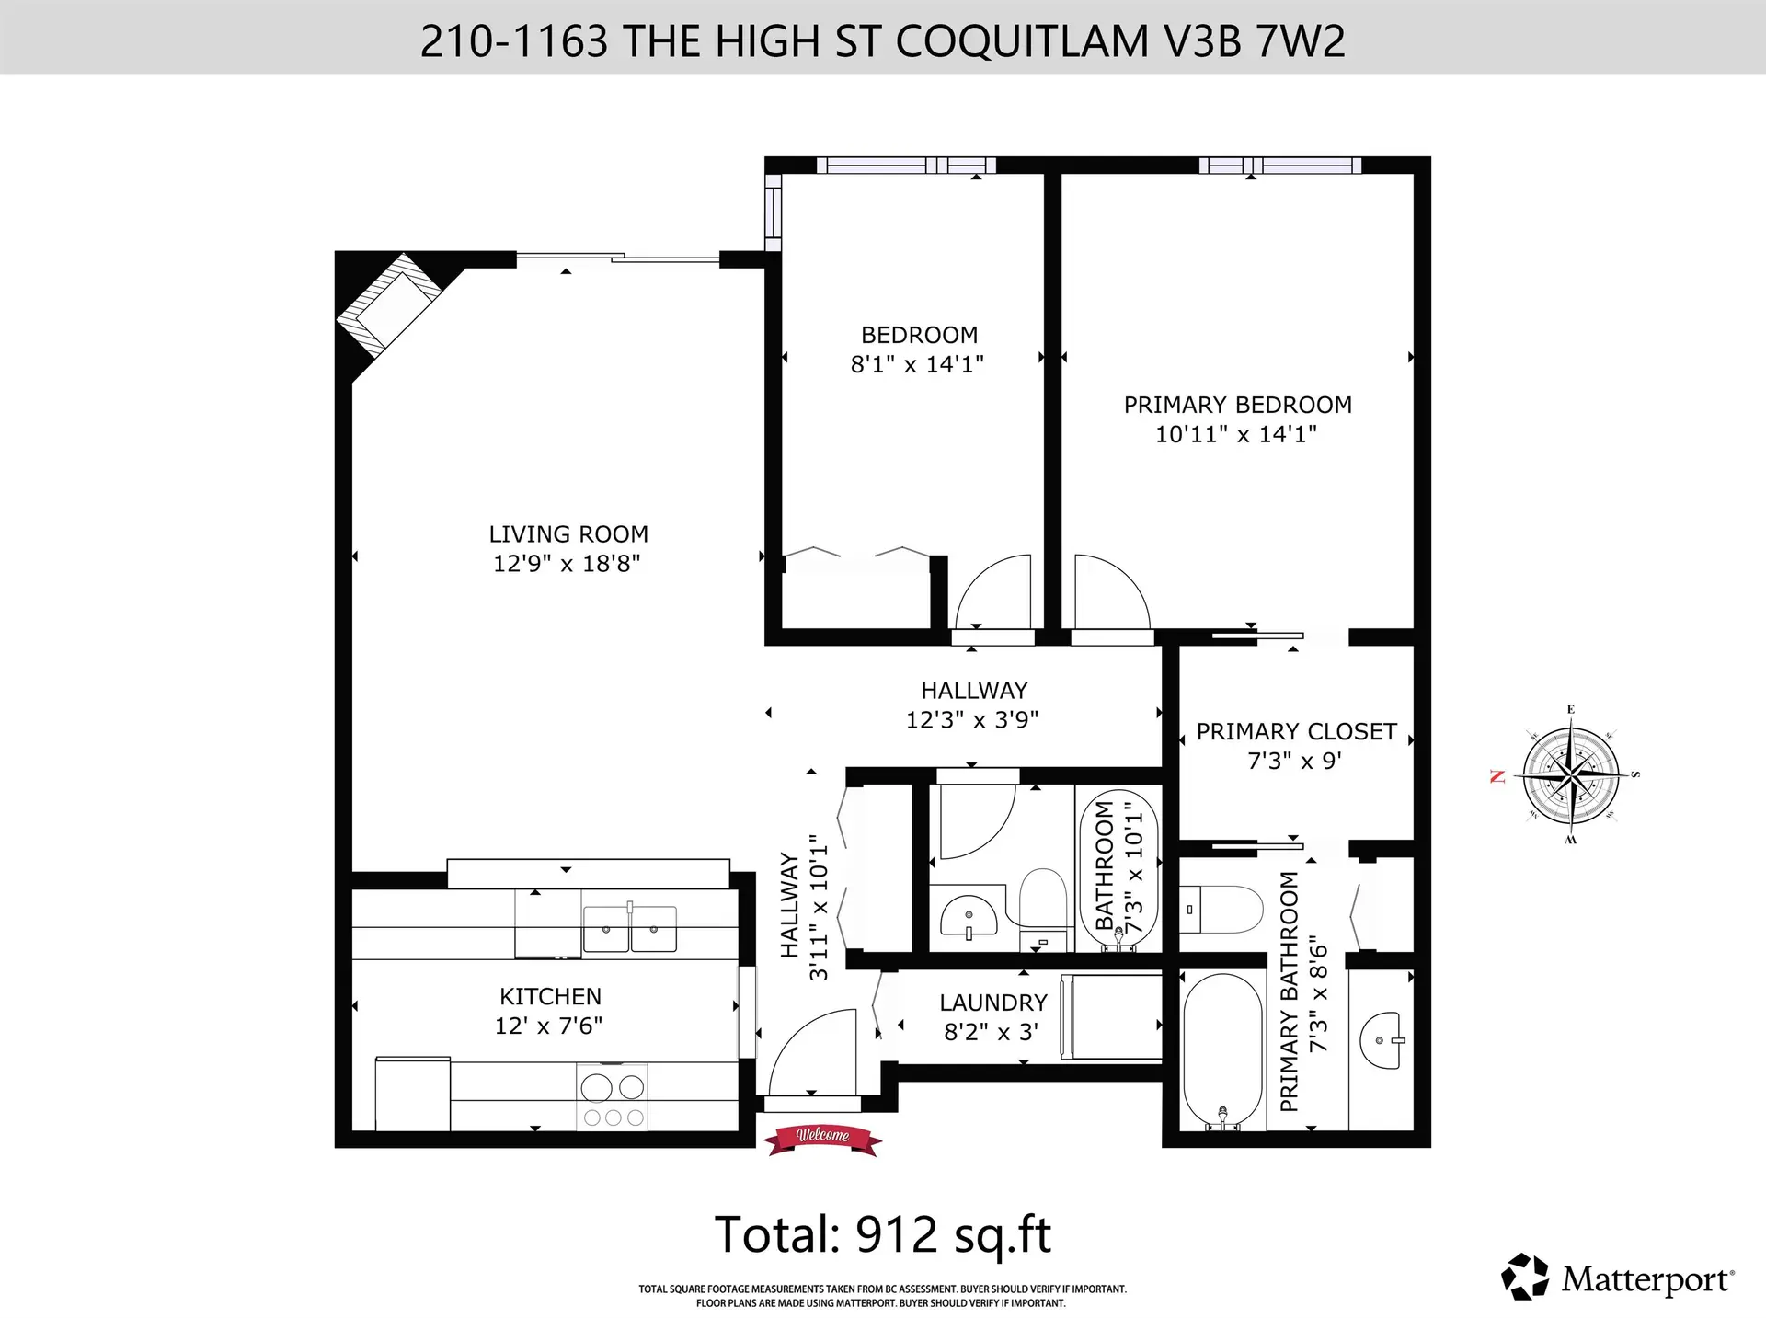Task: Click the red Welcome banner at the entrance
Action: [822, 1137]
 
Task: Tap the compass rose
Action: [1571, 774]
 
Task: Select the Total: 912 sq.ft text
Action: [882, 1234]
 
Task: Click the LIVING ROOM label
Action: [568, 534]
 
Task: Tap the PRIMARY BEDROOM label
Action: [1237, 406]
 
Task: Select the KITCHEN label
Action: [550, 997]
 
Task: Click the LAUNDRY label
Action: [992, 1003]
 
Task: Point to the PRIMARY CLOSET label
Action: [1296, 732]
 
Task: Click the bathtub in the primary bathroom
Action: [1222, 1049]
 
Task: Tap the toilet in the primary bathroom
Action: [1221, 909]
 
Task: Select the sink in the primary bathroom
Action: [1382, 1041]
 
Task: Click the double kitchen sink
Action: [630, 927]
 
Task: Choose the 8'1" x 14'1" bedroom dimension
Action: [917, 365]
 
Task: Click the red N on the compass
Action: [1497, 777]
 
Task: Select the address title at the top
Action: [882, 41]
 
